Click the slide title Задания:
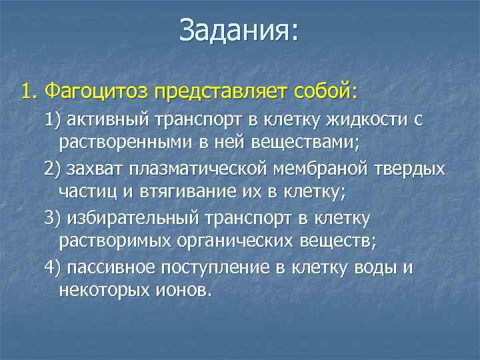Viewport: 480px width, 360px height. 239,31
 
